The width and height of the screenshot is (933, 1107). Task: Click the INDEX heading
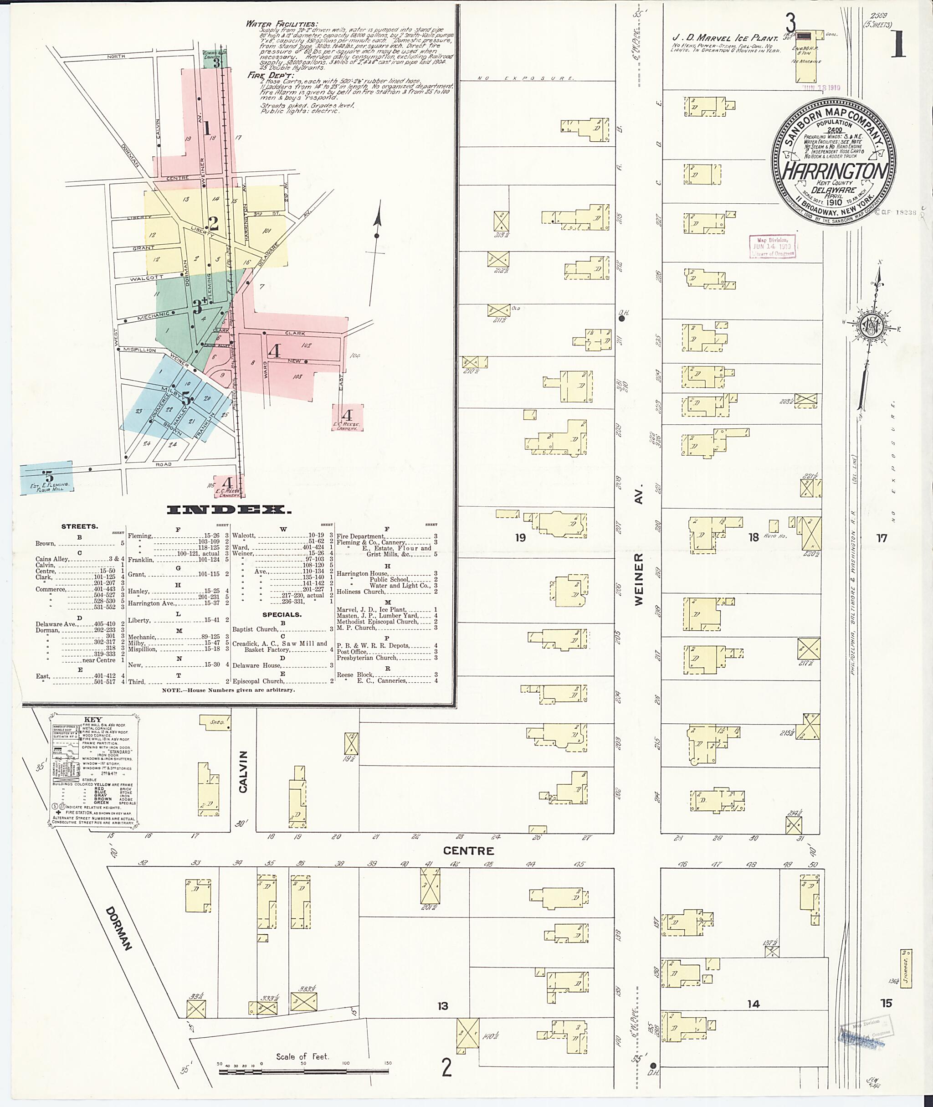[229, 510]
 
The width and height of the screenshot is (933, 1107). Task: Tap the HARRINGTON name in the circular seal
[834, 171]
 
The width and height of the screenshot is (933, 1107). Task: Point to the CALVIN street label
[243, 772]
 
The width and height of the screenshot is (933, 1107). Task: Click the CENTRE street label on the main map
[469, 851]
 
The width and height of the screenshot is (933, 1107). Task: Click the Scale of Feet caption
[302, 1056]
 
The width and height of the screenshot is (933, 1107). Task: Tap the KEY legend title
[93, 720]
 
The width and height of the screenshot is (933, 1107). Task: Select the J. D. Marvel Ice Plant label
[725, 38]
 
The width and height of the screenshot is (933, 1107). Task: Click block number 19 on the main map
[520, 538]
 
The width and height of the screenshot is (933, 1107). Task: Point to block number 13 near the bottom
[443, 1005]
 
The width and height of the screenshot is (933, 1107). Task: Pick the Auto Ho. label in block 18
[775, 536]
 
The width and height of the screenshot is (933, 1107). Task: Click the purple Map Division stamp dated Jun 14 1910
[772, 247]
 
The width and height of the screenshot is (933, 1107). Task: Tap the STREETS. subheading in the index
[79, 526]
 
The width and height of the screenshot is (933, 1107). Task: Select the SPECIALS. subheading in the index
[282, 614]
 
